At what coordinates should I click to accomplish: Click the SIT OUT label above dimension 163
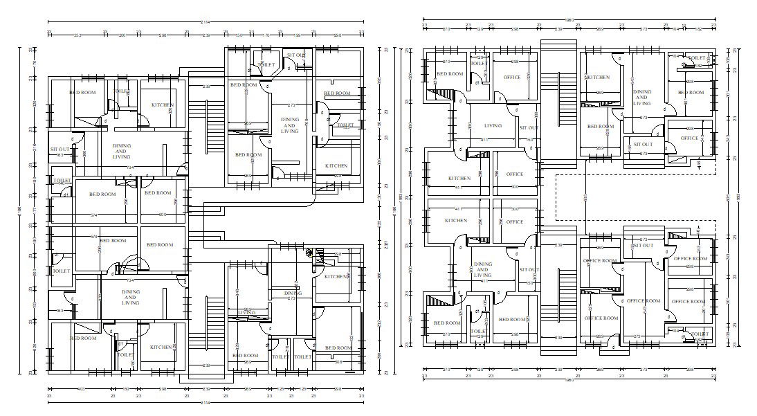60,149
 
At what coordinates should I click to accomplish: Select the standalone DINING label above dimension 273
293,293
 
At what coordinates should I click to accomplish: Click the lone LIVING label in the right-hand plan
493,126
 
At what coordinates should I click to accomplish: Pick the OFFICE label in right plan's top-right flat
689,138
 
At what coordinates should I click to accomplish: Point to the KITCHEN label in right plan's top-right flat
599,78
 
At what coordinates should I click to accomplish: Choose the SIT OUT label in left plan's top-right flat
296,54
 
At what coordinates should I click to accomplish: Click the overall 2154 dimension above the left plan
206,22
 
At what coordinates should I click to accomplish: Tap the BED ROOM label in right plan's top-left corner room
449,73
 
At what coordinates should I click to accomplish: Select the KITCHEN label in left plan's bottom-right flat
336,276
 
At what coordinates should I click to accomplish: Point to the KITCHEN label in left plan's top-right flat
336,166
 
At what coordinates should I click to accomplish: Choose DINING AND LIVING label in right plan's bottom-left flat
482,270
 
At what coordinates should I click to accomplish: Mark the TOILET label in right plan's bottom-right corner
699,334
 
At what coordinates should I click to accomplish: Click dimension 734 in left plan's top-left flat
130,168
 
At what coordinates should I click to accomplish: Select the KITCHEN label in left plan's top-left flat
163,105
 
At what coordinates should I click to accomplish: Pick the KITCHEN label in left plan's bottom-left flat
161,347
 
